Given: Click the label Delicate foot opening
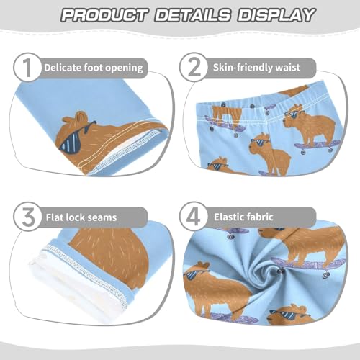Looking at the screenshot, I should tap(93, 68).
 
